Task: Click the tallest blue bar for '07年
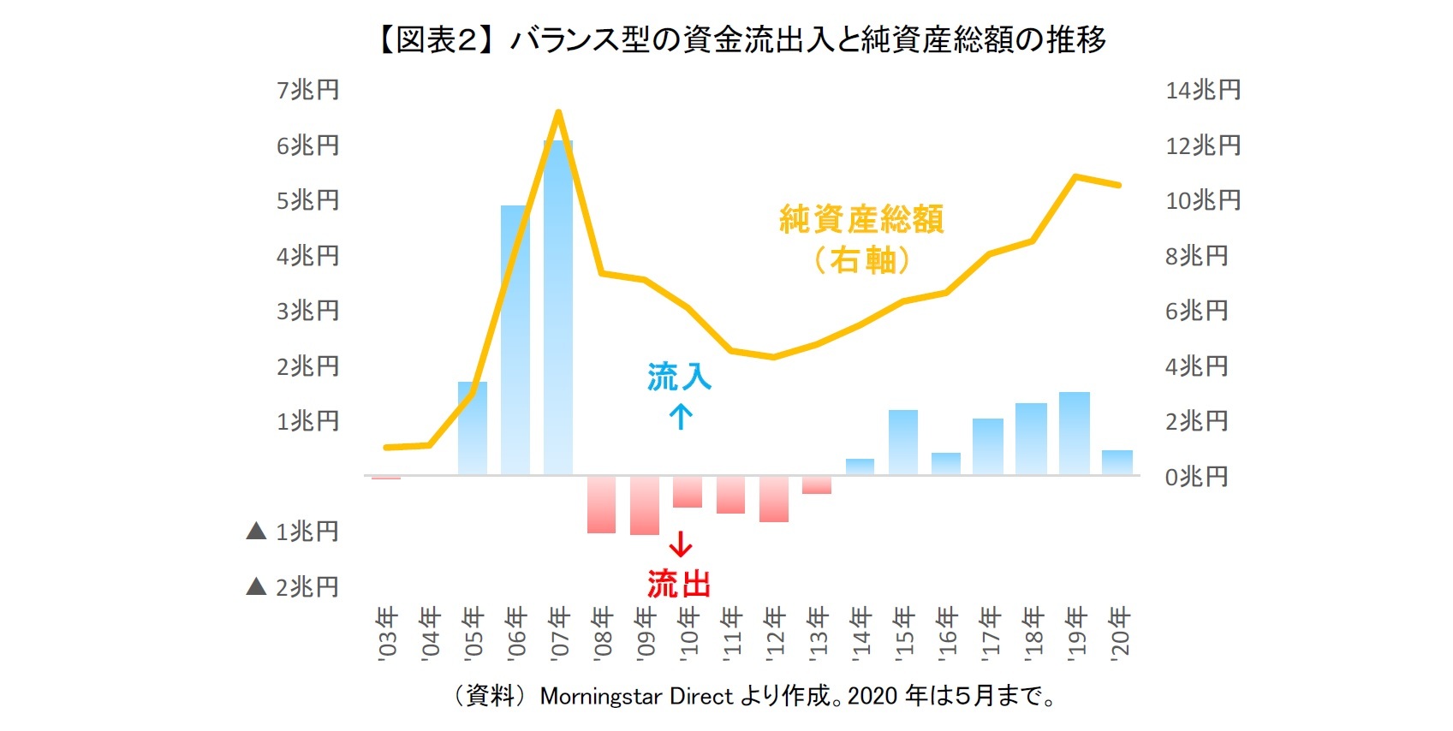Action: coord(558,308)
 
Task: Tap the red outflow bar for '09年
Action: coord(645,506)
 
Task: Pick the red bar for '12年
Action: coord(774,499)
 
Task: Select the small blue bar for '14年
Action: coord(860,467)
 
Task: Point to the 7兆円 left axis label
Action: coord(307,90)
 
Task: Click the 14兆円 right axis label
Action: coord(1203,90)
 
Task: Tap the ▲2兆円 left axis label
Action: coord(293,586)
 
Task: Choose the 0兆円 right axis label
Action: coord(1196,477)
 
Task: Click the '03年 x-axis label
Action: coord(387,631)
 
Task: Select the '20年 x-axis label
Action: coord(1119,631)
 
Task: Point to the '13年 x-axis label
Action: coord(818,631)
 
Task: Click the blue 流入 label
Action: coord(679,377)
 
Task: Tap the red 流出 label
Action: coord(679,584)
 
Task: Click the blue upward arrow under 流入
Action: coord(681,417)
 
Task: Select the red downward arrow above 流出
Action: coord(681,544)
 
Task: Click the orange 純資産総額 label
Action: coord(861,220)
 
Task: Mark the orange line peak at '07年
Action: coord(558,112)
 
